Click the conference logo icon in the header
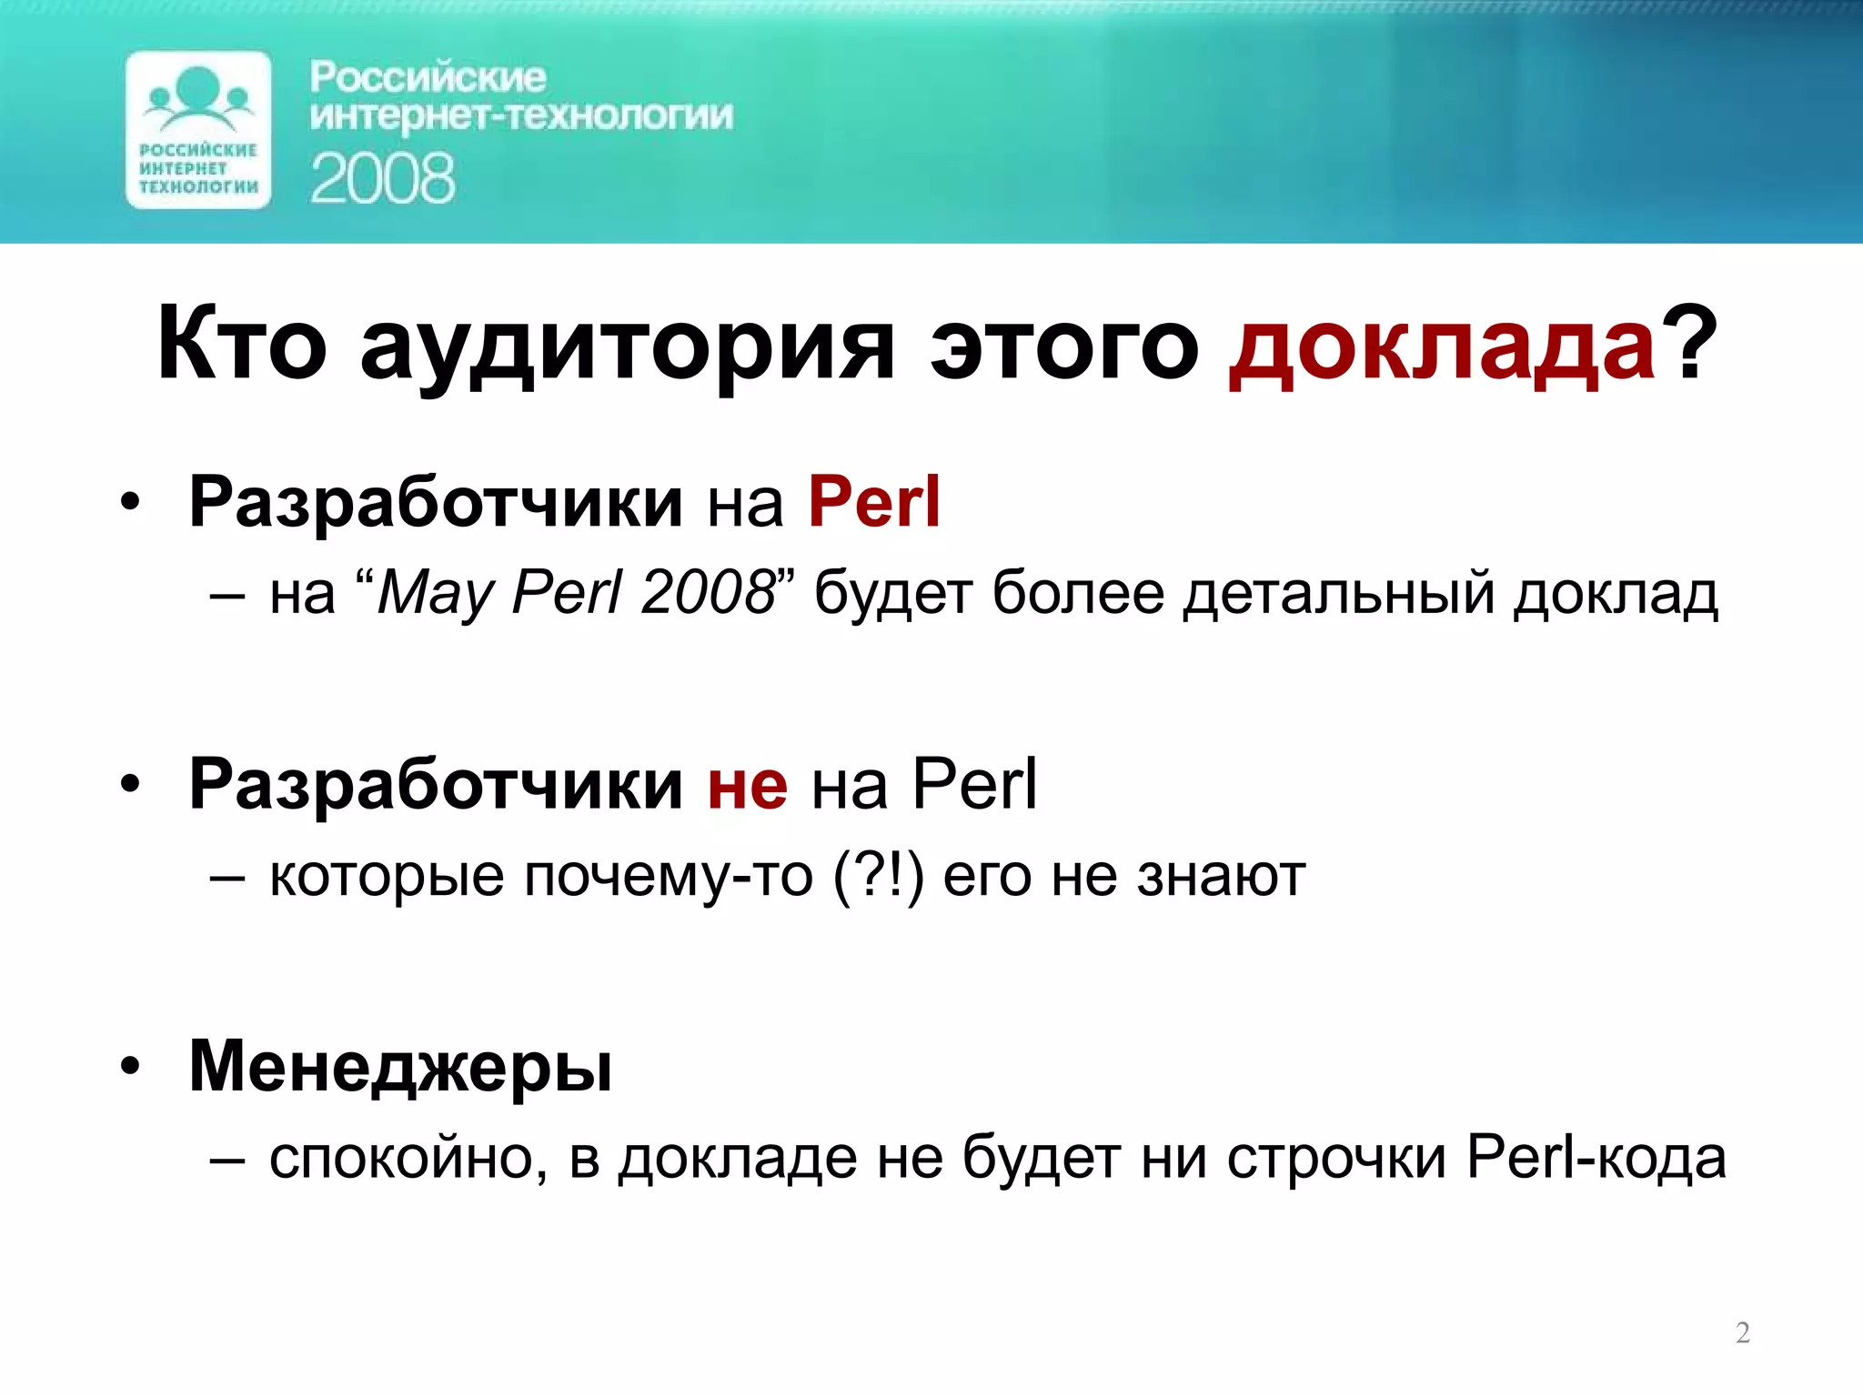click(x=198, y=130)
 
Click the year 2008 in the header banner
click(x=382, y=178)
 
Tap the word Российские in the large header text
click(x=428, y=77)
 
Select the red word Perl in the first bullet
click(x=874, y=502)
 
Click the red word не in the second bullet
click(x=748, y=785)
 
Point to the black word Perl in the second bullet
click(x=974, y=783)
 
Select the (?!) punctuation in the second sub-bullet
click(x=878, y=877)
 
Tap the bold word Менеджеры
click(x=400, y=1068)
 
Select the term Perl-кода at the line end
click(x=1596, y=1159)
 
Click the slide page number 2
click(x=1743, y=1332)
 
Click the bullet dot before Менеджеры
click(x=131, y=1066)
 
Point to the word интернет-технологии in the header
click(x=521, y=117)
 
